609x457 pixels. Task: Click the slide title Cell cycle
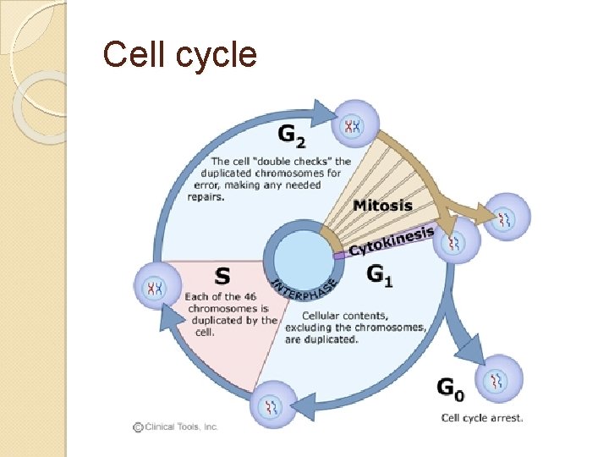coord(179,54)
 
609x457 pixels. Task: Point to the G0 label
coord(450,389)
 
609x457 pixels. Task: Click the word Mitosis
coord(382,205)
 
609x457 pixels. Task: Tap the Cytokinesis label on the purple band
coord(392,240)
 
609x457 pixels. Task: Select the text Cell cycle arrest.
coord(482,417)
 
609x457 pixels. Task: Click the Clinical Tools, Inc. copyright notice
coord(175,427)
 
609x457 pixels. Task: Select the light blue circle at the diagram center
coord(298,253)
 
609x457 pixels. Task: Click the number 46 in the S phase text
coord(249,296)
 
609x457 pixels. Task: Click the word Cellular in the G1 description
coord(304,315)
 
